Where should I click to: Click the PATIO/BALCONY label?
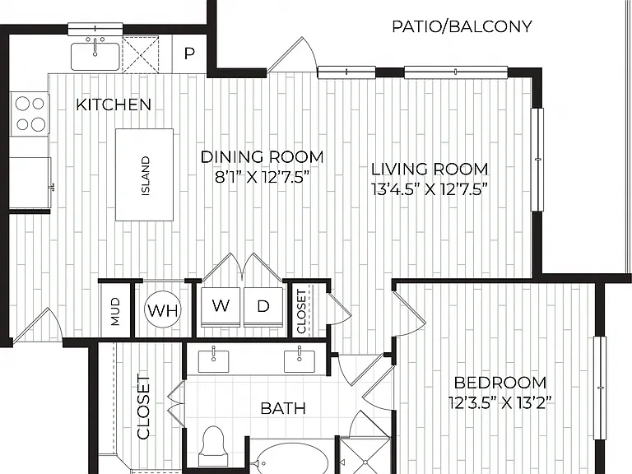coord(462,26)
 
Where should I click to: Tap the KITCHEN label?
coord(114,105)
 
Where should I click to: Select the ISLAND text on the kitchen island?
coord(146,176)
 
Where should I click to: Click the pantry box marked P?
coord(189,53)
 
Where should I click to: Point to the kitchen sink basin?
coord(95,57)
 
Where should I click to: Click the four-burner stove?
coord(30,114)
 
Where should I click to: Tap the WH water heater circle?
coord(163,310)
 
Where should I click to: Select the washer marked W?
coord(221,307)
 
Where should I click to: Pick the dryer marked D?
coord(263,307)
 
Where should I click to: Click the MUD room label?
coord(116,311)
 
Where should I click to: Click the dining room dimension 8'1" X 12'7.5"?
coord(262,177)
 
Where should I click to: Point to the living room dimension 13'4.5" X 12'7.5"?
coord(430,188)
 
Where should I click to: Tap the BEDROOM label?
coord(500,382)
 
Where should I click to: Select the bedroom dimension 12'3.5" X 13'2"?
coord(500,402)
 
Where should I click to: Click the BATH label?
coord(283,408)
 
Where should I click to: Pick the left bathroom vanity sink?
coord(213,360)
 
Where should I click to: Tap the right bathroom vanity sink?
coord(300,360)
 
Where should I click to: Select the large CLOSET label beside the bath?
coord(143,407)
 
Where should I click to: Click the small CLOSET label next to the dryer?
coord(301,312)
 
